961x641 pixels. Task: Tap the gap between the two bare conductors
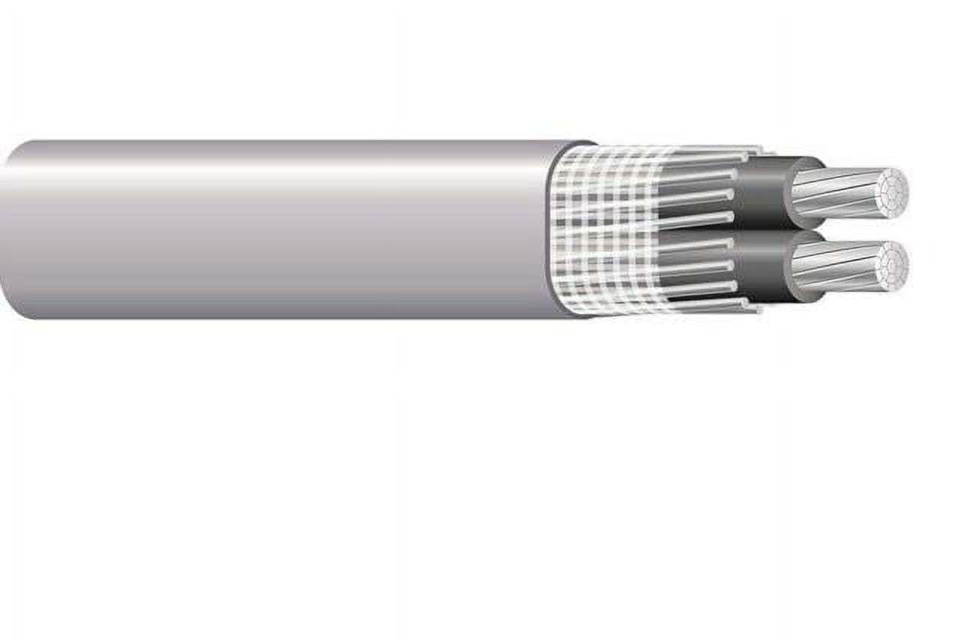(x=848, y=229)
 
